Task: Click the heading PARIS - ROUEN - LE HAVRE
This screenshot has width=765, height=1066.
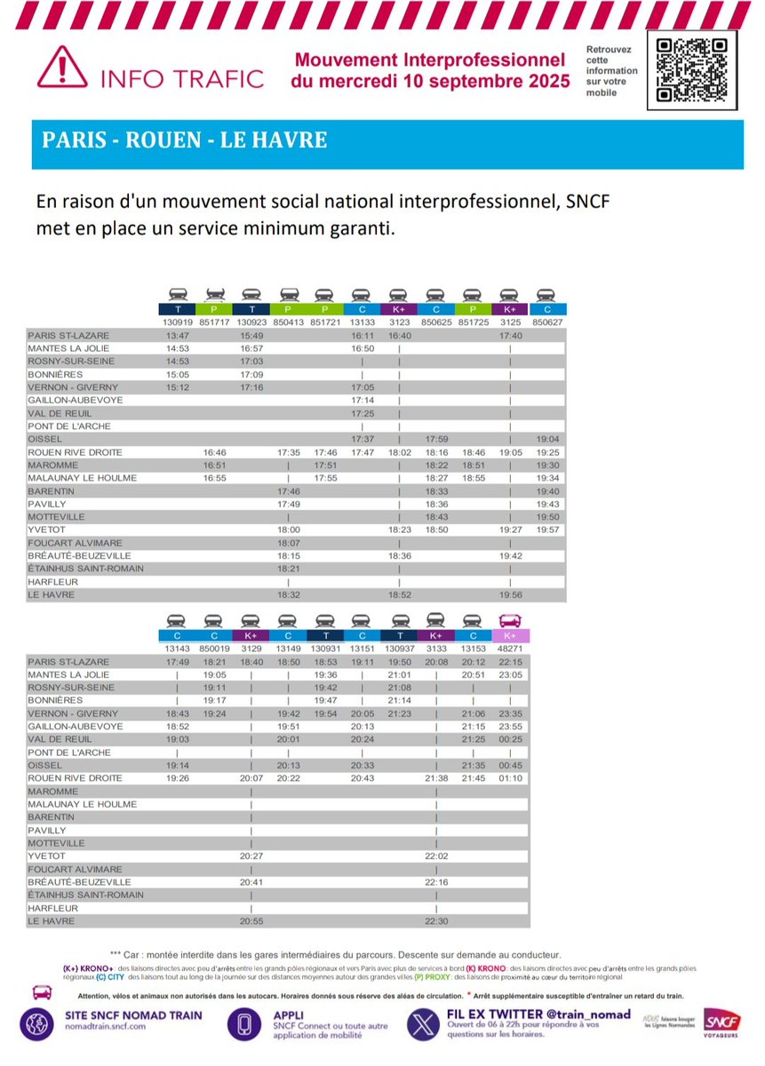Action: [x=185, y=140]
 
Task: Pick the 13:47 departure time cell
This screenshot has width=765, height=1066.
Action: [x=179, y=336]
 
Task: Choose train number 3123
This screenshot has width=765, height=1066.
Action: [x=399, y=322]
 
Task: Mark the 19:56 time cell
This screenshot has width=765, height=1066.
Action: [x=510, y=595]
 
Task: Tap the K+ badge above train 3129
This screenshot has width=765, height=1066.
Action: [x=251, y=635]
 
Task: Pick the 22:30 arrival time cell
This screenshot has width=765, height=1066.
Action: [x=436, y=922]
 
